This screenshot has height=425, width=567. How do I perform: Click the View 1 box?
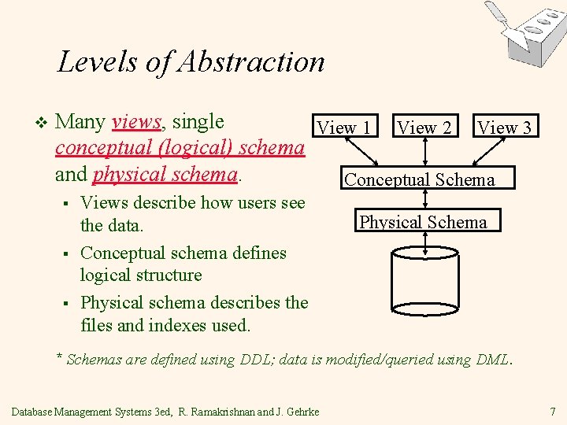click(343, 127)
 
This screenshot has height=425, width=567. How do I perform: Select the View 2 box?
click(424, 127)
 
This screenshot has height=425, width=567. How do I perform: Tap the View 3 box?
click(505, 127)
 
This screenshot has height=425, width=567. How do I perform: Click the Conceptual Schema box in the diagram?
click(420, 179)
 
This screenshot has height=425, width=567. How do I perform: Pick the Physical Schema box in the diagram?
click(424, 221)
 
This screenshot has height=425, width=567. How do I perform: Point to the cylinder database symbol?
click(425, 284)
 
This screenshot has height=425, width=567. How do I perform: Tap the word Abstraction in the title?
click(252, 61)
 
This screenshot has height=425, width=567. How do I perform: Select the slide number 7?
click(554, 411)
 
